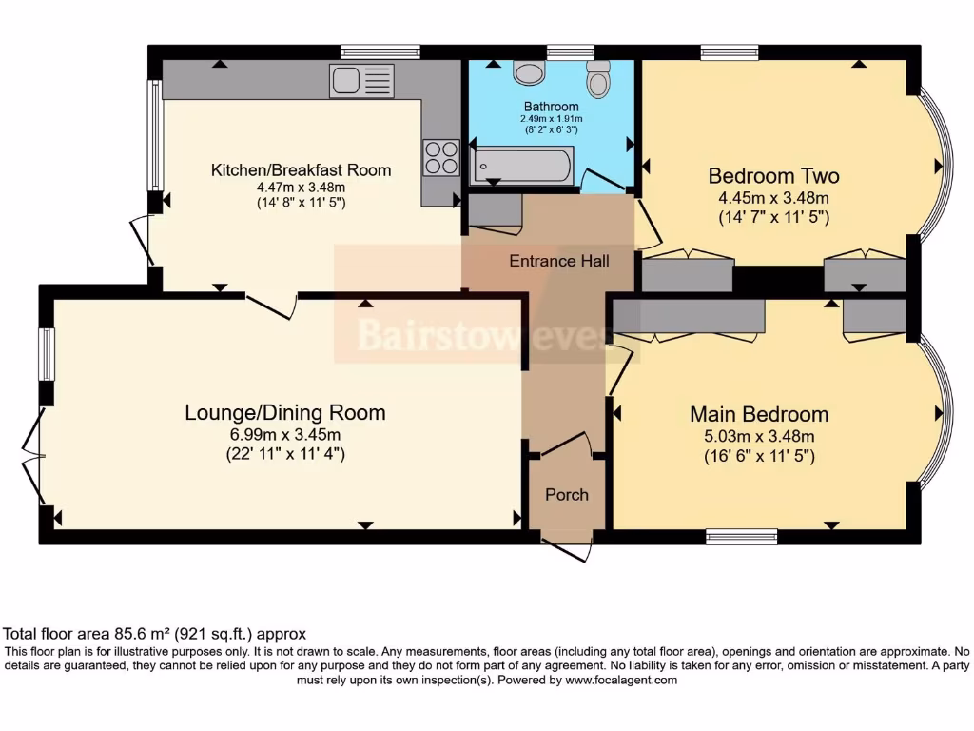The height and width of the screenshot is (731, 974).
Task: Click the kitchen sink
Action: point(361,81)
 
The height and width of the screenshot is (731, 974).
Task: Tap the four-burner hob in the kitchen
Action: point(440,157)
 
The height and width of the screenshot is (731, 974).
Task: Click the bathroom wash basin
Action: point(526,72)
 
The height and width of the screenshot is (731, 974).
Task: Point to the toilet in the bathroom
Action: point(597,79)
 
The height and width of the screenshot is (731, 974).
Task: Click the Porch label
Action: point(566,495)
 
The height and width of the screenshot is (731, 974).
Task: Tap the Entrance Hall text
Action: point(559,261)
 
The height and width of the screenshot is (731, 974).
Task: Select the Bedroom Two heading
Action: point(773,176)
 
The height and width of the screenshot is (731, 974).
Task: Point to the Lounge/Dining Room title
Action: point(284,412)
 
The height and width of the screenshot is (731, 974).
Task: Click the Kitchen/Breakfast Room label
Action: point(301,170)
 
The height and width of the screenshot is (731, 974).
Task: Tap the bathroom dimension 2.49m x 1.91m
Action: point(550,119)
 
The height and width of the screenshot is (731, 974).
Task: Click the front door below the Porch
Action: point(567,549)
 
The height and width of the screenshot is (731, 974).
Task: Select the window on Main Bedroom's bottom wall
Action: point(742,537)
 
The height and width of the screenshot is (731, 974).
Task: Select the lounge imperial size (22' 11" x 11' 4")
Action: point(285,454)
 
